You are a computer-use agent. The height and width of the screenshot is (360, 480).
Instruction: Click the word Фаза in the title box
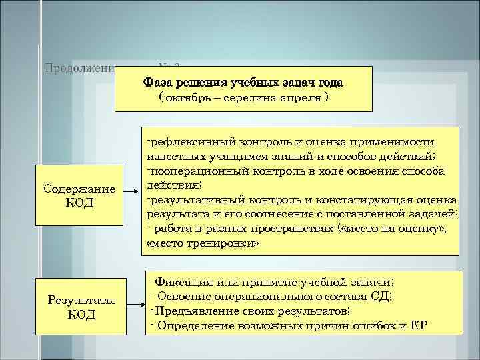tap(159, 83)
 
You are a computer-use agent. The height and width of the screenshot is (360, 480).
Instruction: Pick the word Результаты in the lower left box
tap(81, 299)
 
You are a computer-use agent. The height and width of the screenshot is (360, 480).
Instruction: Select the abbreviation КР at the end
tap(419, 325)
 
